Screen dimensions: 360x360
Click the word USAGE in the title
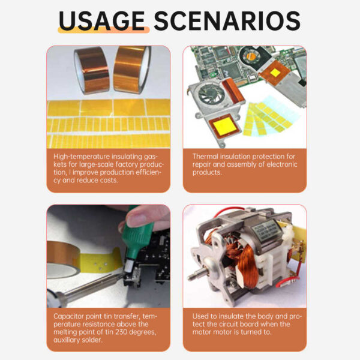click(x=102, y=21)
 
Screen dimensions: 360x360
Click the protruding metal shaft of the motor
click(x=198, y=277)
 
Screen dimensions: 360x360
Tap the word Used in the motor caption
click(x=202, y=316)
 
